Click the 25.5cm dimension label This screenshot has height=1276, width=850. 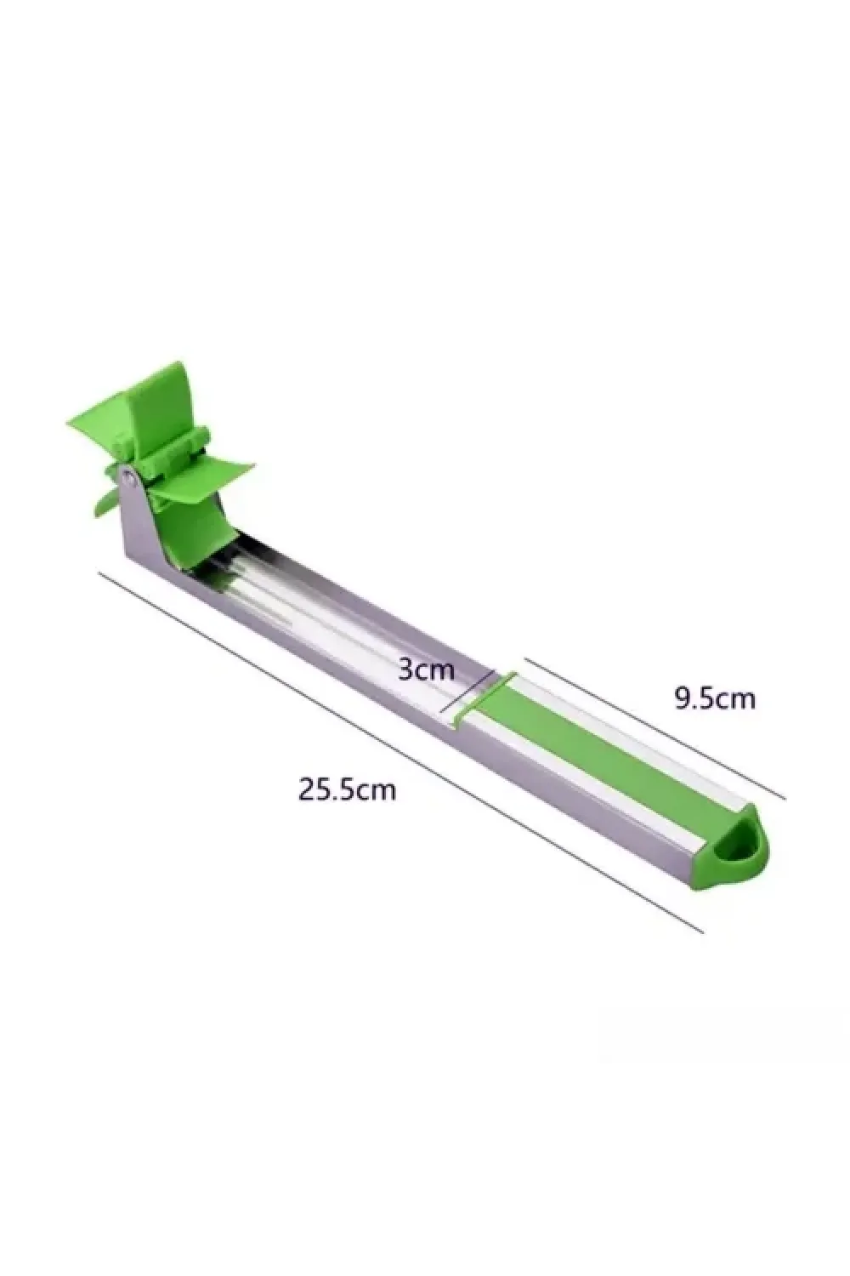point(347,789)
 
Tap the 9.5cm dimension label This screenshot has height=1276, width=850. point(715,698)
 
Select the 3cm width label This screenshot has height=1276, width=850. point(426,669)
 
